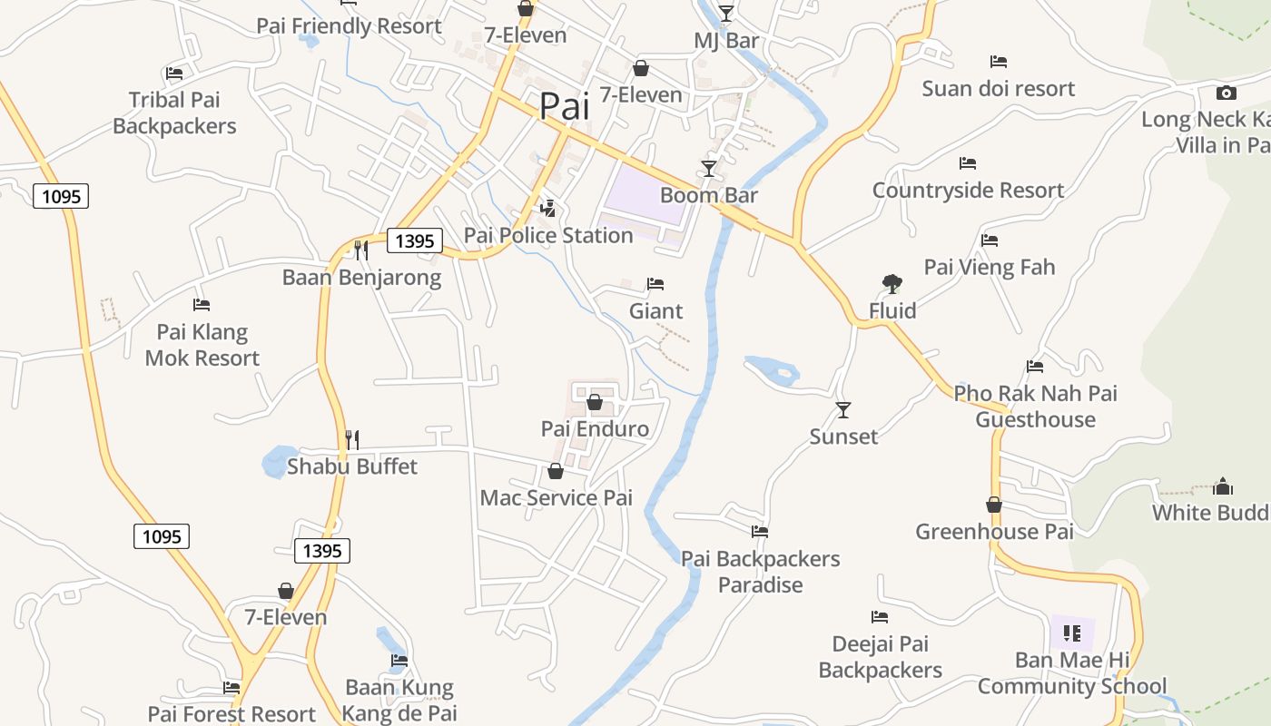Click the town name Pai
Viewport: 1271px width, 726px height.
[x=564, y=105]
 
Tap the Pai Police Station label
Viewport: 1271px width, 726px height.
[x=548, y=235]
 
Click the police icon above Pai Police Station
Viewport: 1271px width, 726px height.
[x=547, y=209]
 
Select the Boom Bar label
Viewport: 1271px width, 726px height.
[x=708, y=195]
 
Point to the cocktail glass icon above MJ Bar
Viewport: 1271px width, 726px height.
[x=725, y=13]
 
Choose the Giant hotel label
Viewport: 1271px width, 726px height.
[x=655, y=311]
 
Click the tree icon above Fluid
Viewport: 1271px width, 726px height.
[x=892, y=284]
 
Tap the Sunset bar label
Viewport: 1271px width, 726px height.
[x=843, y=437]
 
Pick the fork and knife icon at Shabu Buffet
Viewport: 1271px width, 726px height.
[x=352, y=440]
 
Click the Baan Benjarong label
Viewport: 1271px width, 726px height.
[x=361, y=278]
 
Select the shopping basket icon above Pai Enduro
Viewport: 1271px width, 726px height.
[x=595, y=402]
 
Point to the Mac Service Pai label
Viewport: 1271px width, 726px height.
[x=556, y=497]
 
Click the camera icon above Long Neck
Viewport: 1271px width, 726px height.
[x=1226, y=93]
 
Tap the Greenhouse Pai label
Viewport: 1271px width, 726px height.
[x=994, y=532]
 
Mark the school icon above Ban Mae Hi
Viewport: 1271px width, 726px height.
[x=1072, y=633]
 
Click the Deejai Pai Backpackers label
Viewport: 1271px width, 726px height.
[x=880, y=657]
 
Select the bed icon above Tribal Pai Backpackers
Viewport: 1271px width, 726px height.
[x=174, y=74]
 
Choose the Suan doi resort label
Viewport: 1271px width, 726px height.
[x=998, y=89]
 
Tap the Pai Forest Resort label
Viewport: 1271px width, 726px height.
[x=232, y=714]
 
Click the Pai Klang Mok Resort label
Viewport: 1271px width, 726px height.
[x=202, y=345]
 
